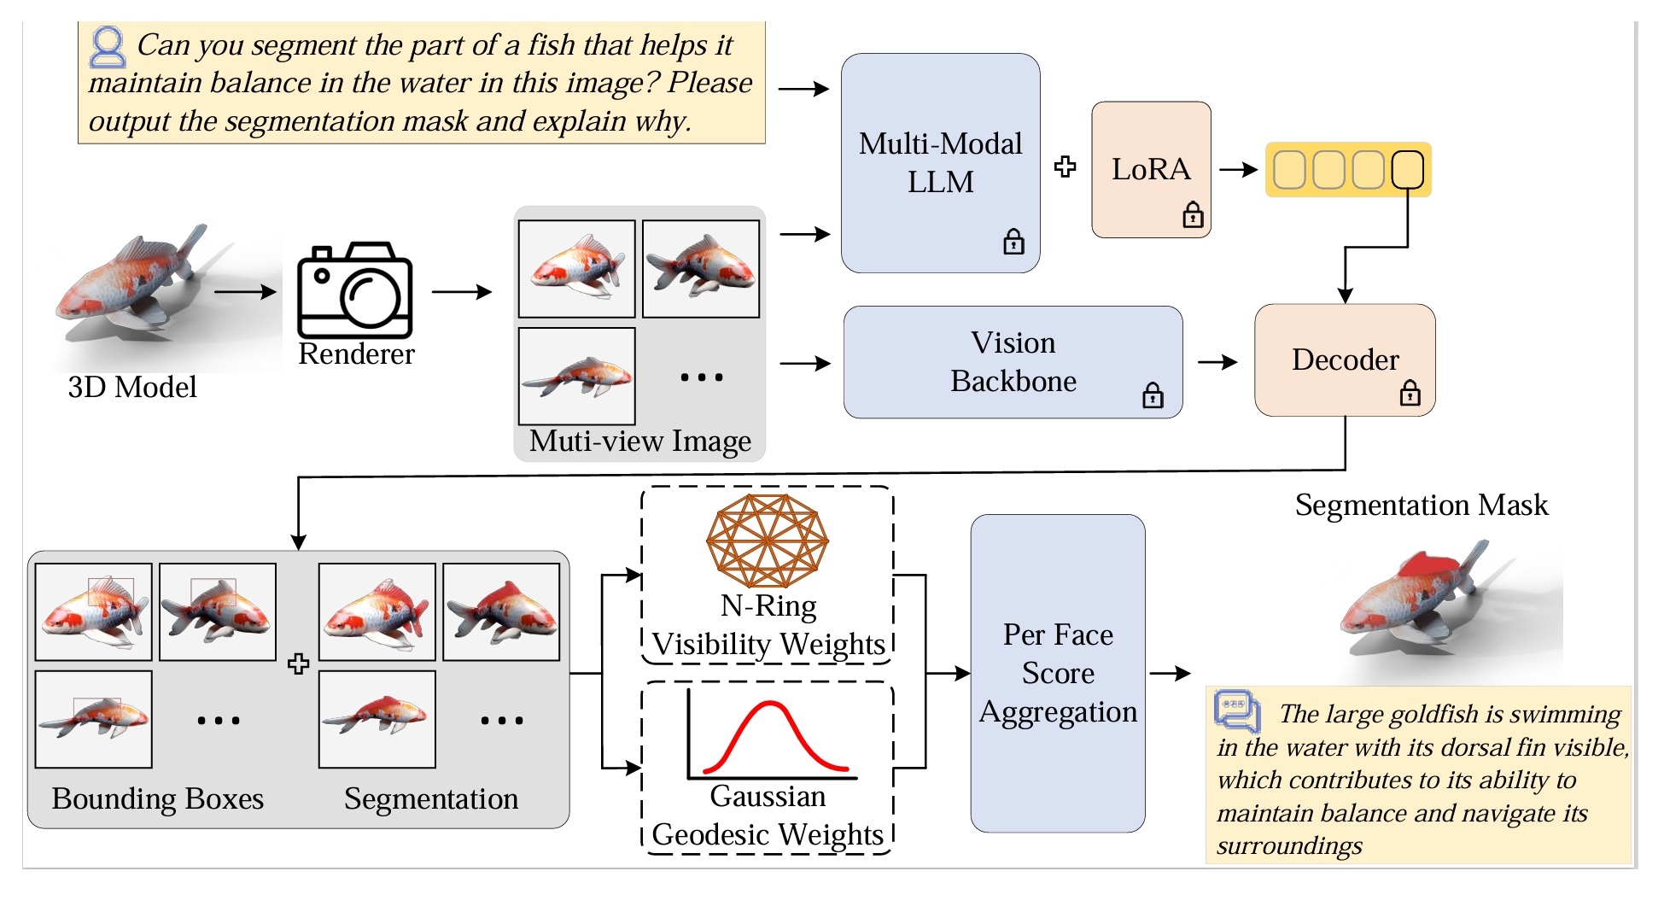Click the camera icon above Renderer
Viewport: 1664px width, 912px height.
click(x=354, y=290)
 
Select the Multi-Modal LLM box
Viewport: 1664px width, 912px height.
click(x=940, y=163)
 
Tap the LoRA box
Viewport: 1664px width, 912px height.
click(x=1151, y=169)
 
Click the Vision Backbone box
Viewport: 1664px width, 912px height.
click(x=1013, y=362)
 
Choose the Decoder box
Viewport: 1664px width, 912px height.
click(x=1345, y=360)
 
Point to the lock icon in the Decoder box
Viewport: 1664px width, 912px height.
click(x=1410, y=394)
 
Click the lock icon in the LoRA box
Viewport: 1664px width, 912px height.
click(x=1193, y=215)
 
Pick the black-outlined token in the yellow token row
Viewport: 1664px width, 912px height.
click(x=1407, y=170)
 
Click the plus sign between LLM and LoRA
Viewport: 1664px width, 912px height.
click(x=1065, y=167)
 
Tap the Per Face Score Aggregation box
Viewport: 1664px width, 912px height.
click(x=1058, y=673)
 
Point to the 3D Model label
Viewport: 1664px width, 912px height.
click(x=132, y=387)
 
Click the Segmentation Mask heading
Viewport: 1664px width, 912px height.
click(x=1421, y=505)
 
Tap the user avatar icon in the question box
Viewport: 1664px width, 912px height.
click(x=108, y=47)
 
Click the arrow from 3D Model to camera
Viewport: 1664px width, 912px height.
click(x=245, y=292)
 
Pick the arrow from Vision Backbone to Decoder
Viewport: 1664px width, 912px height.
click(x=1217, y=363)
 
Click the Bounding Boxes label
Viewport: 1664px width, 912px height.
click(x=158, y=798)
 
